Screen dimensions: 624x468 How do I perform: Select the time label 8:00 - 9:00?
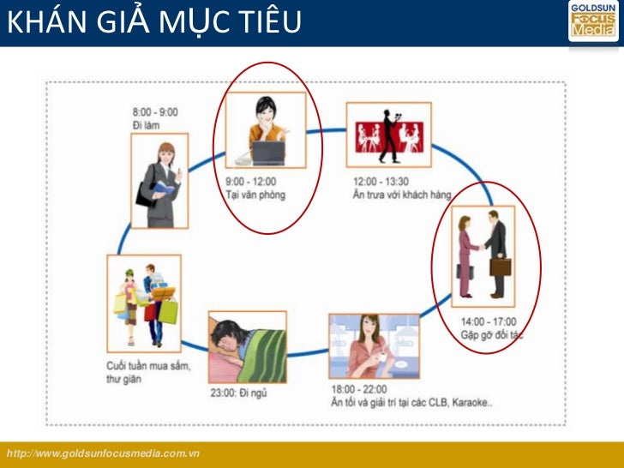[x=155, y=112]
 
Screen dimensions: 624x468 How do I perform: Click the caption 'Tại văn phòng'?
[x=255, y=195]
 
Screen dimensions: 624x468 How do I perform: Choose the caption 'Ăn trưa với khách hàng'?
[x=402, y=195]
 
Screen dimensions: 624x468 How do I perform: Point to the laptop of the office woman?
[x=267, y=153]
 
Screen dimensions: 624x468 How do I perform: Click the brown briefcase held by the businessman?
[x=501, y=265]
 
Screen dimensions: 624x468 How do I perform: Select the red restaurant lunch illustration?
[x=388, y=135]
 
